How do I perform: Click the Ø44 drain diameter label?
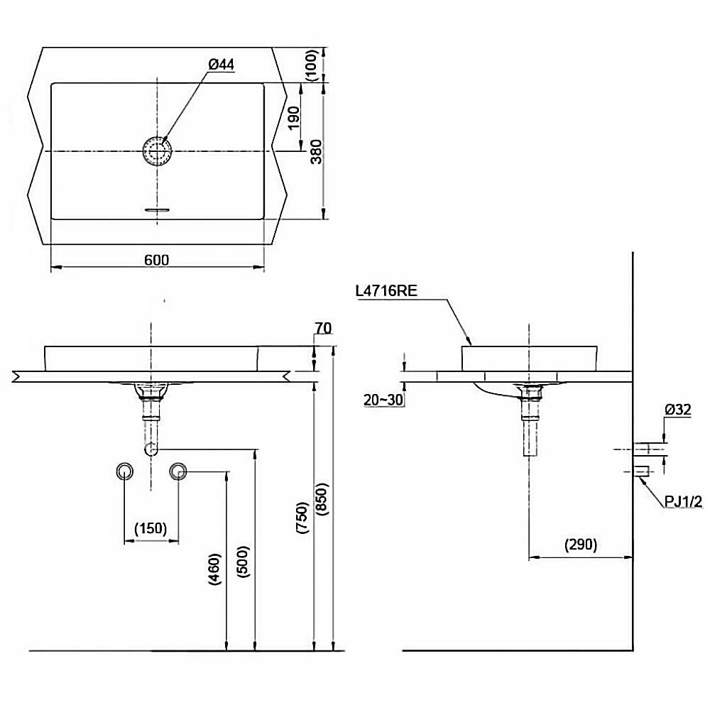(222, 65)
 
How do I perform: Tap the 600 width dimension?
(157, 260)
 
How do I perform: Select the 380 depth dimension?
(317, 152)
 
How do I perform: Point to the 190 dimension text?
(295, 118)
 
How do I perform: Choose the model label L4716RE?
(386, 290)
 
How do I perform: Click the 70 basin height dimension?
(323, 328)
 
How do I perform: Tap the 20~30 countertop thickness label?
(383, 400)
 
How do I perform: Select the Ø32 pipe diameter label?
(678, 410)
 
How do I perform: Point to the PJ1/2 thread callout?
(683, 501)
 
